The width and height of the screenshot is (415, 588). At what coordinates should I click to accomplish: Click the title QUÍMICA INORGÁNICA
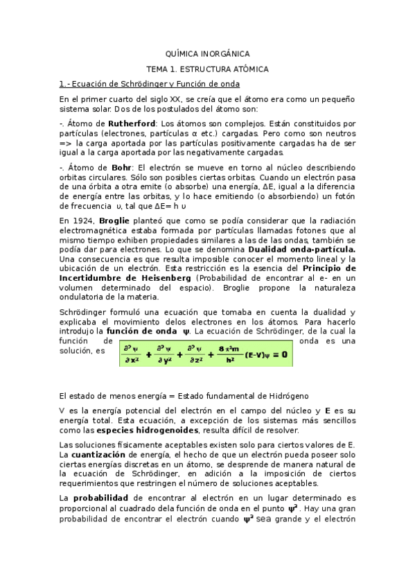pyautogui.click(x=207, y=53)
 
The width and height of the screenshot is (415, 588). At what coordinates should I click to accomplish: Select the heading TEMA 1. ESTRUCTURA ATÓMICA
pyautogui.click(x=207, y=69)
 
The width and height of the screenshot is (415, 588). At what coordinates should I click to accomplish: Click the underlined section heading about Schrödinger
pyautogui.click(x=150, y=84)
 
